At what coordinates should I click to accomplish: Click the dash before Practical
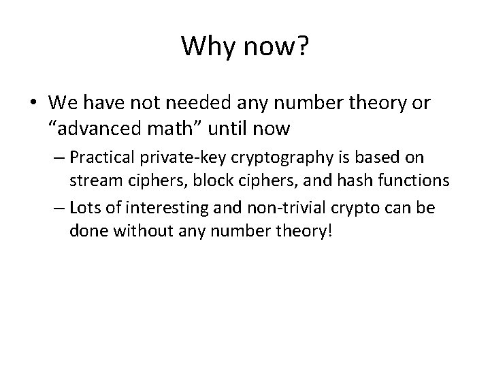pyautogui.click(x=57, y=158)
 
